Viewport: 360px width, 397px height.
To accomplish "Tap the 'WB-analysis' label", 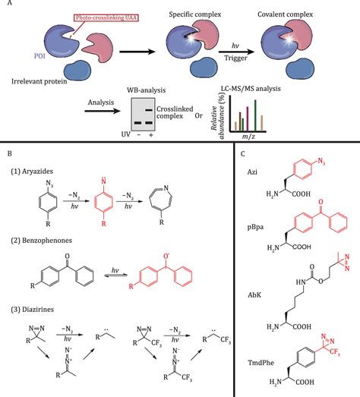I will coord(139,92).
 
